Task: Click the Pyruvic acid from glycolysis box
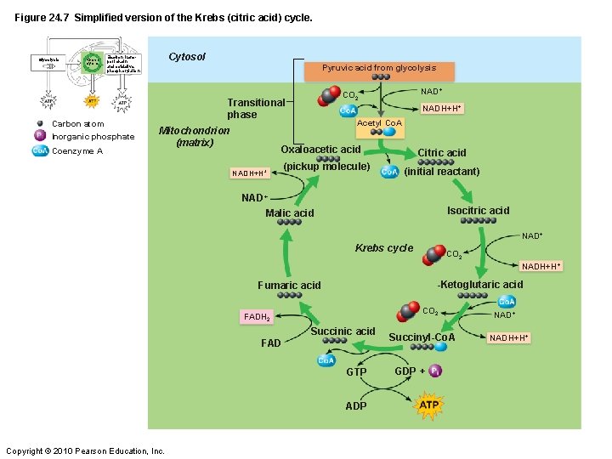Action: (x=378, y=68)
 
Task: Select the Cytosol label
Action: (x=187, y=57)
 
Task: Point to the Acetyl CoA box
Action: (x=380, y=123)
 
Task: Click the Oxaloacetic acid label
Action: (x=320, y=150)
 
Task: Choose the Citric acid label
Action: (x=441, y=153)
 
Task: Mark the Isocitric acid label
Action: (x=478, y=211)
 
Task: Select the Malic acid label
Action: (x=289, y=213)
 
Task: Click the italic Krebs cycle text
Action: (x=383, y=248)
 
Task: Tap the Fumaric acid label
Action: (x=289, y=286)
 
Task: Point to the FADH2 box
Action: (x=257, y=317)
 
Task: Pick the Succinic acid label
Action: (x=343, y=331)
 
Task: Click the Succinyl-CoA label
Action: (x=422, y=337)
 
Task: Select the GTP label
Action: (x=356, y=372)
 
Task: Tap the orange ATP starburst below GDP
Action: (x=429, y=405)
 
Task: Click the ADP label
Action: (x=356, y=405)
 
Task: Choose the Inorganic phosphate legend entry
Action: (x=92, y=137)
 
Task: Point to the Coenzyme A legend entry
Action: (x=76, y=151)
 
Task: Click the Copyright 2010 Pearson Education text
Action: (x=85, y=450)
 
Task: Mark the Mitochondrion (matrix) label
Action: (x=194, y=137)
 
